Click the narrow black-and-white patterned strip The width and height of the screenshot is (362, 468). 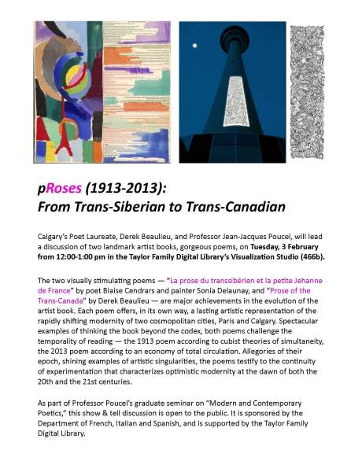click(307, 94)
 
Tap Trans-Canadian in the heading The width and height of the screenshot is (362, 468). click(239, 208)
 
